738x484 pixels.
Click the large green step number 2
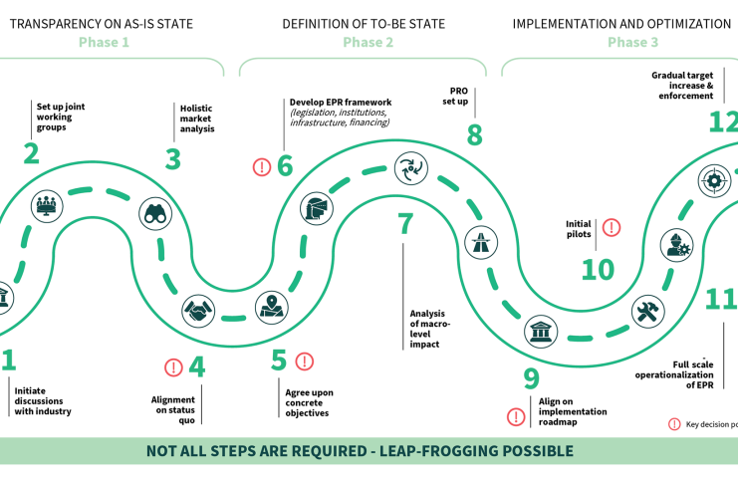tap(32, 153)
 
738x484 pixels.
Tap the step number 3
tap(173, 158)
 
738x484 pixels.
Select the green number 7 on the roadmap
tap(405, 224)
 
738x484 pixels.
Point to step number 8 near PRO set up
tap(474, 133)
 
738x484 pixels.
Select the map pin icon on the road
tap(271, 307)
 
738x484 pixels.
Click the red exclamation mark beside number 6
tap(262, 166)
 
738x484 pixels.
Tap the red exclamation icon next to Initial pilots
tap(612, 227)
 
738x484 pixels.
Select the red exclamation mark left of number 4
tap(173, 366)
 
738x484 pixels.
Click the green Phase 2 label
tap(369, 42)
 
